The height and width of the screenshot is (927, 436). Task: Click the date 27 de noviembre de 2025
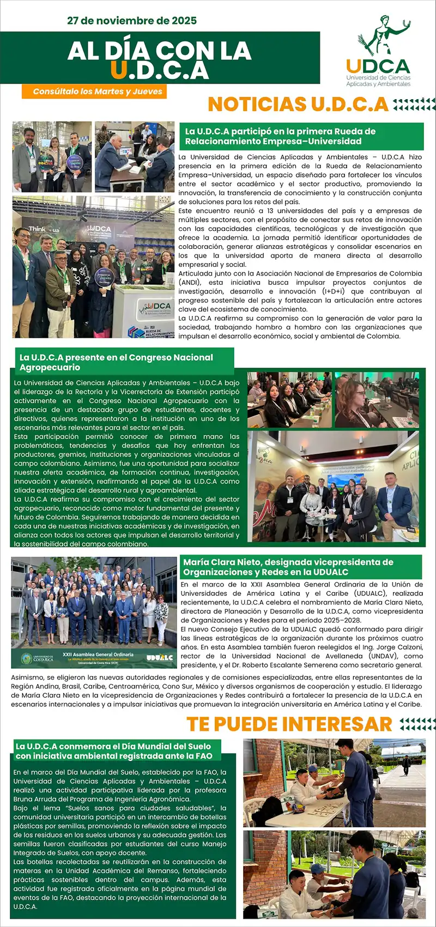click(131, 21)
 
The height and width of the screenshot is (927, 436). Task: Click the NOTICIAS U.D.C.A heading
click(298, 104)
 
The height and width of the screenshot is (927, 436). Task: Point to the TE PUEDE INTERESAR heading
click(289, 724)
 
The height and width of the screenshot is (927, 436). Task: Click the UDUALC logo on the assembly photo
click(159, 658)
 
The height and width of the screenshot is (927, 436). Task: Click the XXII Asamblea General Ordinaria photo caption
click(98, 655)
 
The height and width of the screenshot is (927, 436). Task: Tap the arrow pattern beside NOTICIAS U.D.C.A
click(414, 104)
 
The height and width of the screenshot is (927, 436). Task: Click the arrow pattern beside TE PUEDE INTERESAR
click(417, 724)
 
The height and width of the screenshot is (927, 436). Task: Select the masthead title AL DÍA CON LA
click(159, 51)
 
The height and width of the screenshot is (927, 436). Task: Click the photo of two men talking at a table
click(135, 156)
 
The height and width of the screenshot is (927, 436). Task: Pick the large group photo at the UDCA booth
click(93, 267)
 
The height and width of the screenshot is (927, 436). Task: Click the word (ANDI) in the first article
click(190, 283)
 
